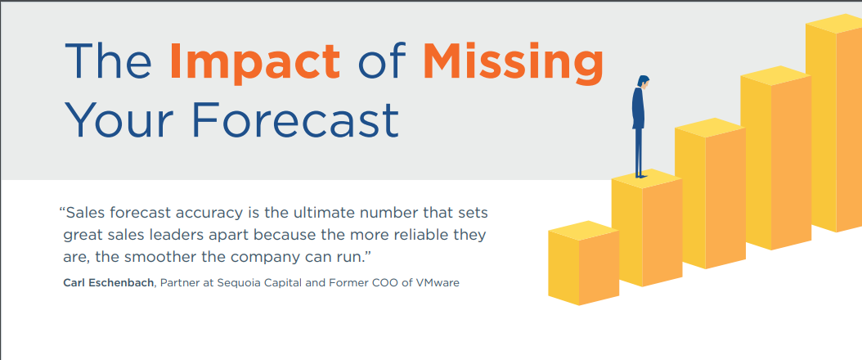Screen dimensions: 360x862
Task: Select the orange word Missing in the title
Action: [513, 63]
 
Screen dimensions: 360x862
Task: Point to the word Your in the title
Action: [119, 119]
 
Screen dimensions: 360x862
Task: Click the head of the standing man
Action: [644, 82]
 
